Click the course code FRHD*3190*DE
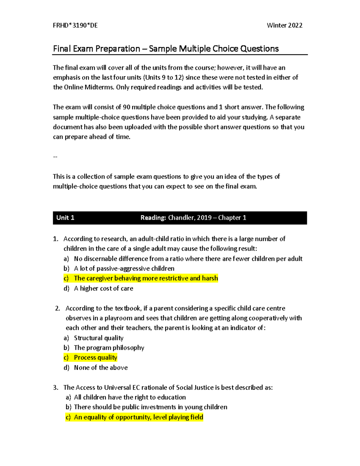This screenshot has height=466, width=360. tap(75, 26)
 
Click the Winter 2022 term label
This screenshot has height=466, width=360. tap(284, 26)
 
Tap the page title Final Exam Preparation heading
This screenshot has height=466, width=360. tap(166, 49)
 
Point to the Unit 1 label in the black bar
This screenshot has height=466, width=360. tap(65, 218)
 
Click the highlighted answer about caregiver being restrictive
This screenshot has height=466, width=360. tap(146, 278)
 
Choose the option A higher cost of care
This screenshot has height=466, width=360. tap(103, 288)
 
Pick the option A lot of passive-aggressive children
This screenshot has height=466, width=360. tap(124, 269)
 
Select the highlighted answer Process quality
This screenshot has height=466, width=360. tap(95, 357)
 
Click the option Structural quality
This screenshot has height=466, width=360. tap(99, 338)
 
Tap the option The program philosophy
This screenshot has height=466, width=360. tap(109, 348)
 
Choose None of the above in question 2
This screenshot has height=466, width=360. tap(101, 368)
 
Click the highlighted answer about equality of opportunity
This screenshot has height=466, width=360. tap(138, 417)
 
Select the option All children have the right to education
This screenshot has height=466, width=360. tap(130, 397)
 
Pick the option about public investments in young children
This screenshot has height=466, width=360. tap(150, 407)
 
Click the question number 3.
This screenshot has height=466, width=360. tap(55, 388)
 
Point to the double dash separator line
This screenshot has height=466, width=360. tap(55, 157)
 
